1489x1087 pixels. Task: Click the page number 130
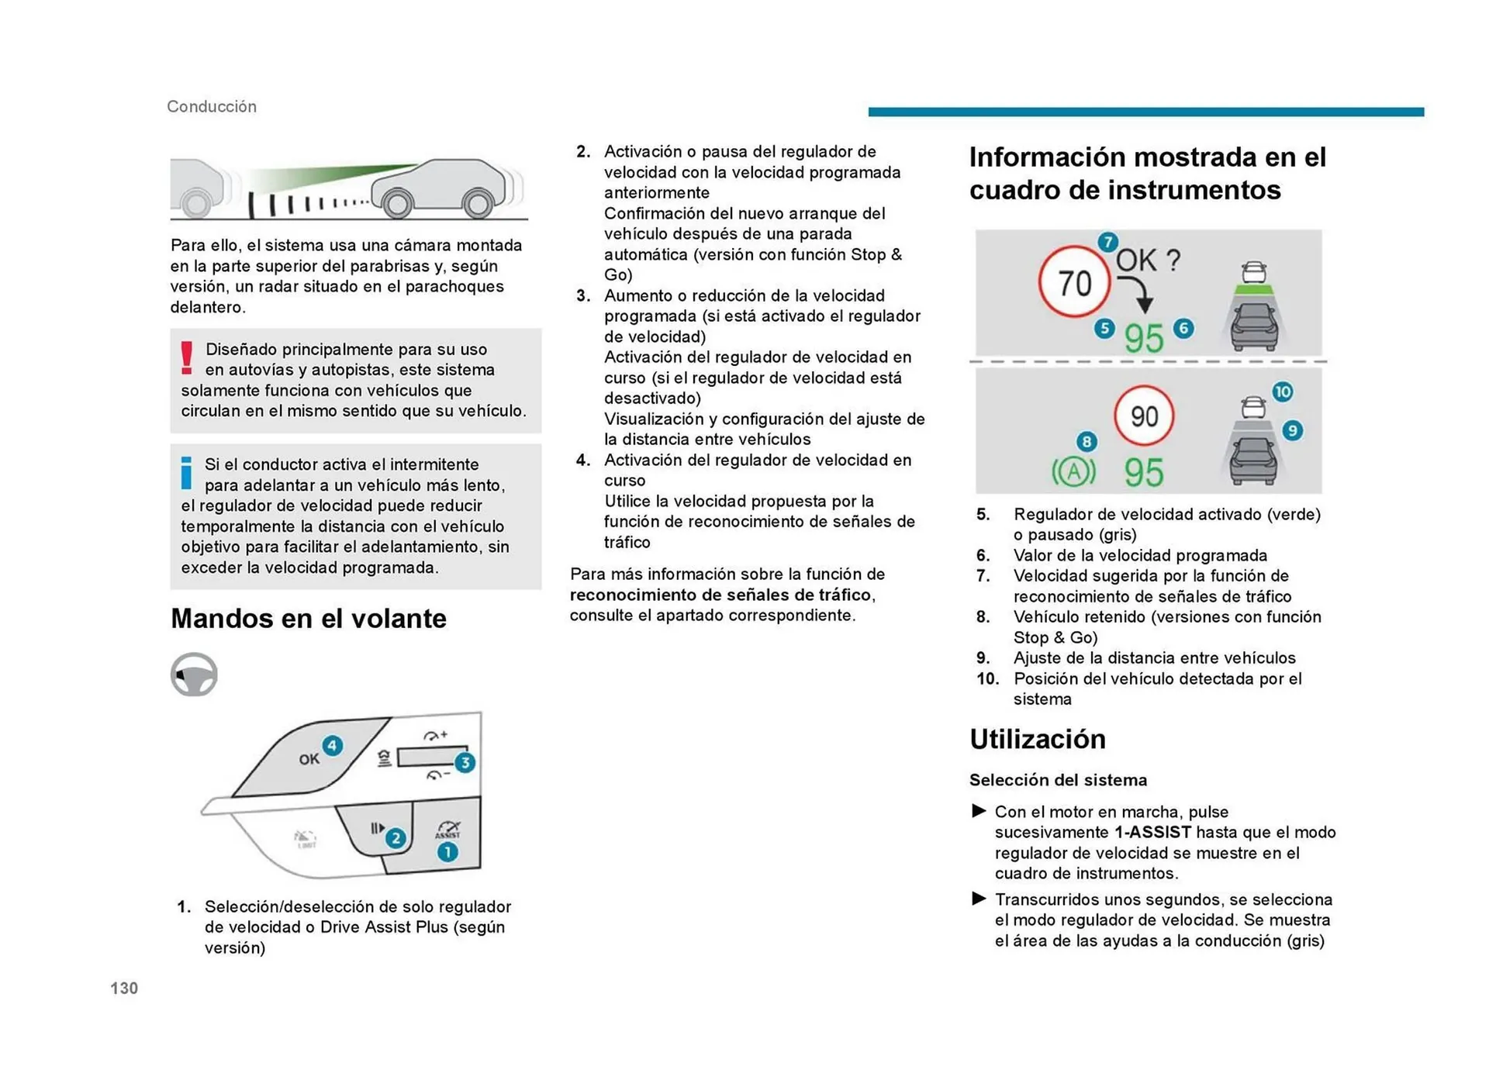(124, 988)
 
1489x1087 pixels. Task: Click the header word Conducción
(212, 106)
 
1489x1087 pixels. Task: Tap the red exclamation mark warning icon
(186, 358)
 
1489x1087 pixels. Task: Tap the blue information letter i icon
(186, 473)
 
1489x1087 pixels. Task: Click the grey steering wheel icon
(194, 674)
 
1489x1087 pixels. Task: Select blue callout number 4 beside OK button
(333, 746)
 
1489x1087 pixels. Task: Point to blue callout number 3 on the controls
(465, 762)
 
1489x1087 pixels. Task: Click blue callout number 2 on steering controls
(396, 837)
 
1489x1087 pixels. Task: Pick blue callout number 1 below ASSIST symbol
(447, 852)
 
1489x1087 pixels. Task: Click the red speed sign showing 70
(1074, 282)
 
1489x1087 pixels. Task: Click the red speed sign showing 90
(1144, 416)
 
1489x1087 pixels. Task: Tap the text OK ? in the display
(1148, 261)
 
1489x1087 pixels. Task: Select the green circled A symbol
(1073, 471)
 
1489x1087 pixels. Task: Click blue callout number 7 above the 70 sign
(1107, 242)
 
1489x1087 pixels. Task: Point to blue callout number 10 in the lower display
(1282, 392)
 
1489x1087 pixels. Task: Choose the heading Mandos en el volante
(308, 618)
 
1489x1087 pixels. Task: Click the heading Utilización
(1037, 739)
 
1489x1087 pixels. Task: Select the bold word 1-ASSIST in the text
(1152, 832)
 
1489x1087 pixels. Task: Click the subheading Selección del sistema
(1058, 780)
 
